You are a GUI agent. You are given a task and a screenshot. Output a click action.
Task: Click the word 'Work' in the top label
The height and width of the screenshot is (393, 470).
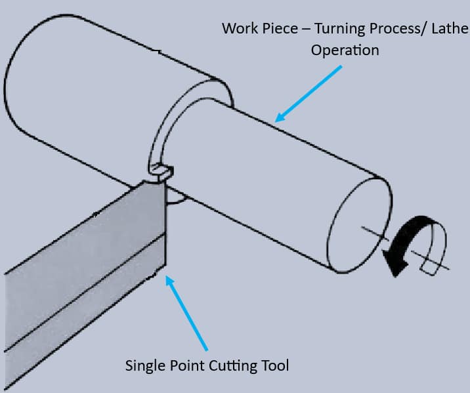[238, 29]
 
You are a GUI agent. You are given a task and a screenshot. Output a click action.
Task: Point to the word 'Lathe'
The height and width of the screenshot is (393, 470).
[451, 29]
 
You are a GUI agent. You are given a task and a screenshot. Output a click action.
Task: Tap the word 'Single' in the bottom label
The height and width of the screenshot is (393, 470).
[144, 365]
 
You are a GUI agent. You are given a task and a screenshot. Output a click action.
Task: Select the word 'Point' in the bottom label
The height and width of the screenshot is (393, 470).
[186, 365]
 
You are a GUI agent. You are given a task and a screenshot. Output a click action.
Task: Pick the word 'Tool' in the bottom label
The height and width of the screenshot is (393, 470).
[274, 365]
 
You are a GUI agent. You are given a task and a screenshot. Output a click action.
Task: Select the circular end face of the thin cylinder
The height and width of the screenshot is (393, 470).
[358, 223]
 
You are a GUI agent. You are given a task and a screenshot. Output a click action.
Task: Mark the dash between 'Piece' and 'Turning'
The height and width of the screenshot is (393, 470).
[303, 29]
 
